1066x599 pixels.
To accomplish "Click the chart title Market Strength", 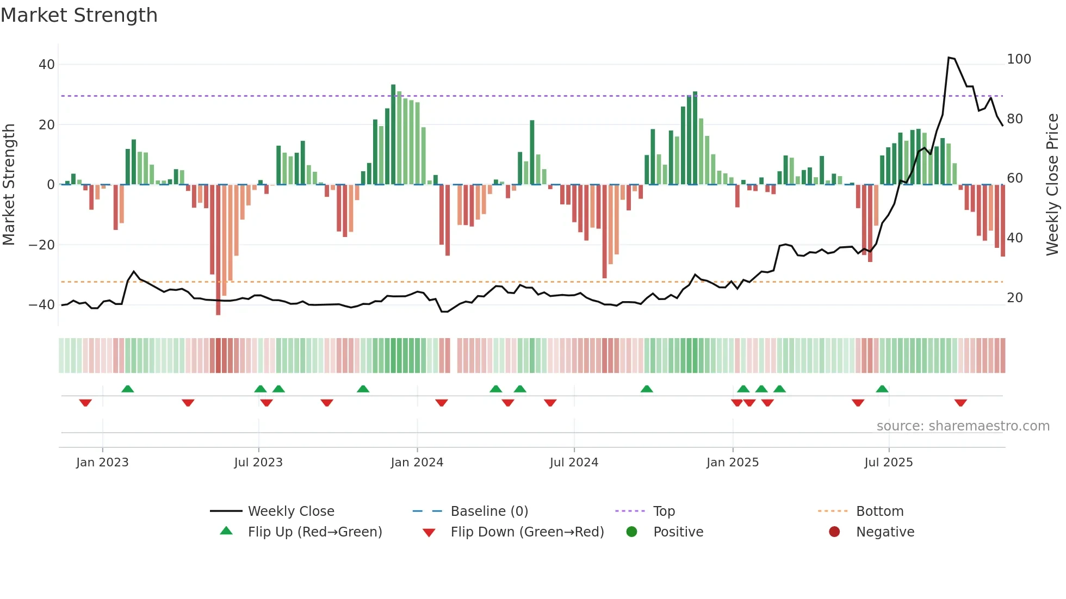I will tap(79, 15).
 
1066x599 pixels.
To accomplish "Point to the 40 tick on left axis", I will tap(47, 65).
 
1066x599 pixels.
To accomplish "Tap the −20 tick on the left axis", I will tap(42, 245).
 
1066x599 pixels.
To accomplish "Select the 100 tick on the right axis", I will tap(1019, 59).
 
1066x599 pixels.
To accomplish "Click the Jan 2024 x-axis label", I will tap(417, 463).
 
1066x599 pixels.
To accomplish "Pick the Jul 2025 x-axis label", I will tap(888, 463).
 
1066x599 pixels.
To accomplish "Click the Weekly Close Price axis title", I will tap(1052, 185).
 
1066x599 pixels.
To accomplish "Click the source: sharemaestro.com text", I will tap(963, 426).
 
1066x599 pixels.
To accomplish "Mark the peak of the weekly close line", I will tap(949, 58).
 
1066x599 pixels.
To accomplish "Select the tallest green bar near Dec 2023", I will tap(393, 134).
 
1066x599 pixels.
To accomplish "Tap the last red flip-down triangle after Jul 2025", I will tap(960, 403).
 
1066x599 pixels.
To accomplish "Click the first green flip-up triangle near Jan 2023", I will tap(128, 389).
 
